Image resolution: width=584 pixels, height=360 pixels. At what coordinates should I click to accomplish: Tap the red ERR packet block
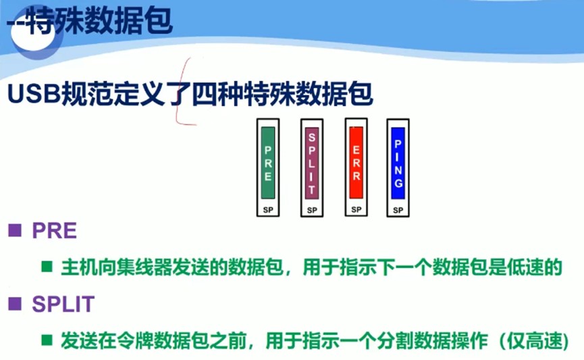pyautogui.click(x=355, y=161)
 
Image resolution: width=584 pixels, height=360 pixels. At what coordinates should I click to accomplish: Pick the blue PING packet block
pyautogui.click(x=398, y=163)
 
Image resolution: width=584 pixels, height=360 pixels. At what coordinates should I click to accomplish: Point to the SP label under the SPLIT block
pyautogui.click(x=311, y=210)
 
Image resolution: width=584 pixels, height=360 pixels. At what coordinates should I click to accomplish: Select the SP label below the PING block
pyautogui.click(x=398, y=210)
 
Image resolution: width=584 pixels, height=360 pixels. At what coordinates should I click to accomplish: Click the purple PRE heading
pyautogui.click(x=54, y=232)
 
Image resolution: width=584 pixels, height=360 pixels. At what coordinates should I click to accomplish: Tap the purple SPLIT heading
pyautogui.click(x=63, y=305)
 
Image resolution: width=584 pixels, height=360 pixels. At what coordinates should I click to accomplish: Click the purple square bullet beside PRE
pyautogui.click(x=15, y=232)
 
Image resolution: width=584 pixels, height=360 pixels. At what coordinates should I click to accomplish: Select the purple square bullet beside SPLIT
pyautogui.click(x=15, y=305)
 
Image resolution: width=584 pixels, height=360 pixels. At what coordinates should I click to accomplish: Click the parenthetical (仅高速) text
pyautogui.click(x=533, y=340)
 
